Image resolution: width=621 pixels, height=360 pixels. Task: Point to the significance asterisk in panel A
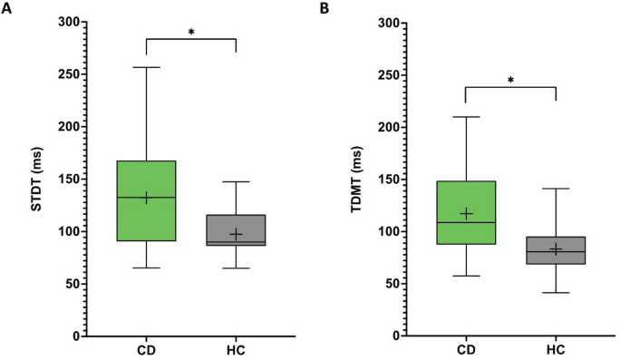[190, 33]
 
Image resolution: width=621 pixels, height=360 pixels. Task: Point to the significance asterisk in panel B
[510, 81]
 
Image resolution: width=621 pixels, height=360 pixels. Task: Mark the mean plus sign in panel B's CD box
[466, 213]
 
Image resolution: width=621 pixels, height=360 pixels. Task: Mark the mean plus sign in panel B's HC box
[556, 249]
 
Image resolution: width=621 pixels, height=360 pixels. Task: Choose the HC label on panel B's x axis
[556, 349]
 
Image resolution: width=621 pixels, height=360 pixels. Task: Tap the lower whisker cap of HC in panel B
[556, 293]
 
